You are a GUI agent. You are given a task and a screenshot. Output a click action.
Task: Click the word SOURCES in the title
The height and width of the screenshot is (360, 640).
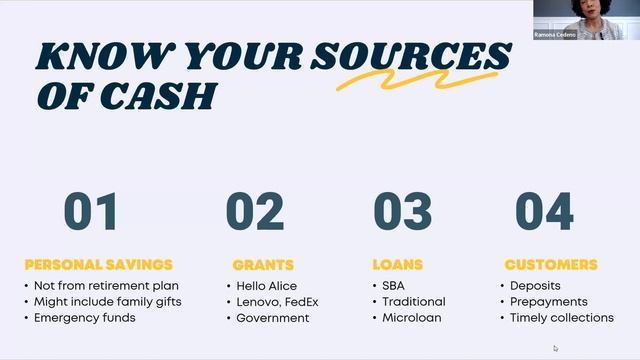pyautogui.click(x=410, y=56)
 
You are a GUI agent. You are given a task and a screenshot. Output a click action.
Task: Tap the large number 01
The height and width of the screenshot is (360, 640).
pyautogui.click(x=90, y=212)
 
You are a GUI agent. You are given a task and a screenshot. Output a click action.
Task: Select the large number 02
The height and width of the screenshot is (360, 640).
pyautogui.click(x=255, y=212)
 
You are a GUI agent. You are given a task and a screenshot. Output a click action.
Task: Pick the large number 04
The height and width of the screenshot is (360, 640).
pyautogui.click(x=544, y=212)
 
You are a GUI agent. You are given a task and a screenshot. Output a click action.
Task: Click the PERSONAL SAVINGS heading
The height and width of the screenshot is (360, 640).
pyautogui.click(x=98, y=265)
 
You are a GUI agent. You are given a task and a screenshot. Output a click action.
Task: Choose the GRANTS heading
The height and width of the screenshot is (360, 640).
pyautogui.click(x=263, y=265)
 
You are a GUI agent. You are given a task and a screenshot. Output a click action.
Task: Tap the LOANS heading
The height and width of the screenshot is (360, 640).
pyautogui.click(x=398, y=265)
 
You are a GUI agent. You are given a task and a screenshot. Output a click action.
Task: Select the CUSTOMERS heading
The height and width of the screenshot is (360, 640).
pyautogui.click(x=551, y=265)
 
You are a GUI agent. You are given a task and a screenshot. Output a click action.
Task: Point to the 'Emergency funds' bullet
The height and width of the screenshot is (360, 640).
pyautogui.click(x=85, y=318)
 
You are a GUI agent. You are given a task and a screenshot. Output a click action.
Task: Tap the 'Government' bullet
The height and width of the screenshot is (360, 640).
pyautogui.click(x=273, y=318)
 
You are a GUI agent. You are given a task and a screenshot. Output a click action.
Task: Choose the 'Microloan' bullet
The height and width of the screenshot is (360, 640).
pyautogui.click(x=410, y=318)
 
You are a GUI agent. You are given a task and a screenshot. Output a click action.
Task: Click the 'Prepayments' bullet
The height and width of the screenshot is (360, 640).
pyautogui.click(x=548, y=302)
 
